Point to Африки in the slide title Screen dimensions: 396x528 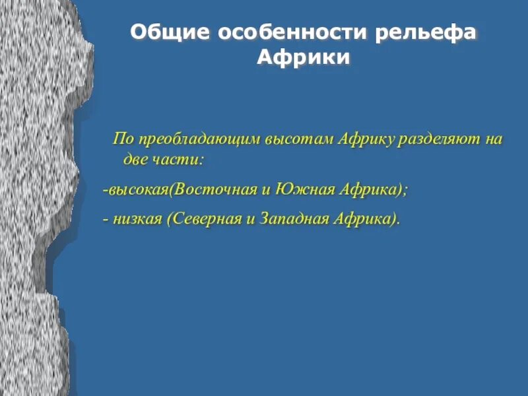pos(303,57)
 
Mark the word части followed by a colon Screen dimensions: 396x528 pos(179,159)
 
